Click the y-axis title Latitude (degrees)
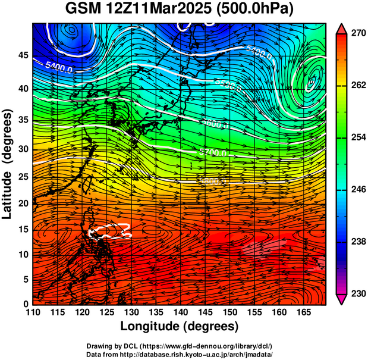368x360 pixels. [x=8, y=164]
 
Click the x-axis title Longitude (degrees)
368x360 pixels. [x=180, y=326]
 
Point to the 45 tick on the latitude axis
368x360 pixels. [x=23, y=55]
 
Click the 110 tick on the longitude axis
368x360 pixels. [x=33, y=311]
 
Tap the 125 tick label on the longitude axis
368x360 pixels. [x=106, y=311]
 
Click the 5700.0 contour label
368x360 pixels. [x=212, y=153]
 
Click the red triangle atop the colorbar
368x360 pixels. [x=342, y=28]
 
